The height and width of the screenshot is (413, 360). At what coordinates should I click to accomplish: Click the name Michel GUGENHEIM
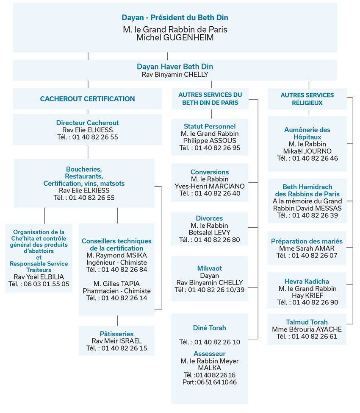(x=175, y=38)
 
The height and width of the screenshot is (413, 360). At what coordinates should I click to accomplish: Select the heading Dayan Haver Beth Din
(x=175, y=67)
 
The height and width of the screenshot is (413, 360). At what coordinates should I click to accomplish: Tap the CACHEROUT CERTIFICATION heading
(x=87, y=99)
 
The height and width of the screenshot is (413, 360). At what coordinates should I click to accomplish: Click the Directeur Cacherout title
(x=87, y=123)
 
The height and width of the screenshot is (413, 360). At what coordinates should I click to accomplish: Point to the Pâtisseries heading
(x=116, y=334)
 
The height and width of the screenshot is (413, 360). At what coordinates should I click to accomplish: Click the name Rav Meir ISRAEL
(x=116, y=341)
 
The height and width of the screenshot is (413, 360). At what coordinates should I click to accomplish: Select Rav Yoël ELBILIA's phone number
(x=39, y=284)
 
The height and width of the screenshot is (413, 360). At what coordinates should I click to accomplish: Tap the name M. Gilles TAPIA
(x=116, y=284)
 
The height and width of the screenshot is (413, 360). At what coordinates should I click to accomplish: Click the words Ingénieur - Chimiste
(x=116, y=262)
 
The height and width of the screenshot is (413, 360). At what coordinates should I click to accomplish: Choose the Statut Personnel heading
(x=210, y=126)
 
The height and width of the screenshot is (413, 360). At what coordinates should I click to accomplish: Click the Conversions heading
(x=210, y=172)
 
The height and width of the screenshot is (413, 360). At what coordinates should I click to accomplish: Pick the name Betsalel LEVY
(x=210, y=232)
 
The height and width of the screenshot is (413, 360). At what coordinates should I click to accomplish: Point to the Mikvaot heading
(x=210, y=268)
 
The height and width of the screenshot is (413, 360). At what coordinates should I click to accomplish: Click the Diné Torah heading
(x=210, y=328)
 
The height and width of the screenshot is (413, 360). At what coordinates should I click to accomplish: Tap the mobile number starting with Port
(x=210, y=382)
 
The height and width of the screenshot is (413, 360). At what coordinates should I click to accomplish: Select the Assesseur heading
(x=210, y=354)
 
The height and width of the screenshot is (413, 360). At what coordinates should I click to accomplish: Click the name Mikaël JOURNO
(x=307, y=151)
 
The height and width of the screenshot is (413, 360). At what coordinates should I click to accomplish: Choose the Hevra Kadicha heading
(x=307, y=282)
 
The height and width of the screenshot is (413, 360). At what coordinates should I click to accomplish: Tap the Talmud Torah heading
(x=307, y=322)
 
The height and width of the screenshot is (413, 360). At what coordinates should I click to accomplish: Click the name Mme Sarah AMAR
(x=307, y=248)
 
